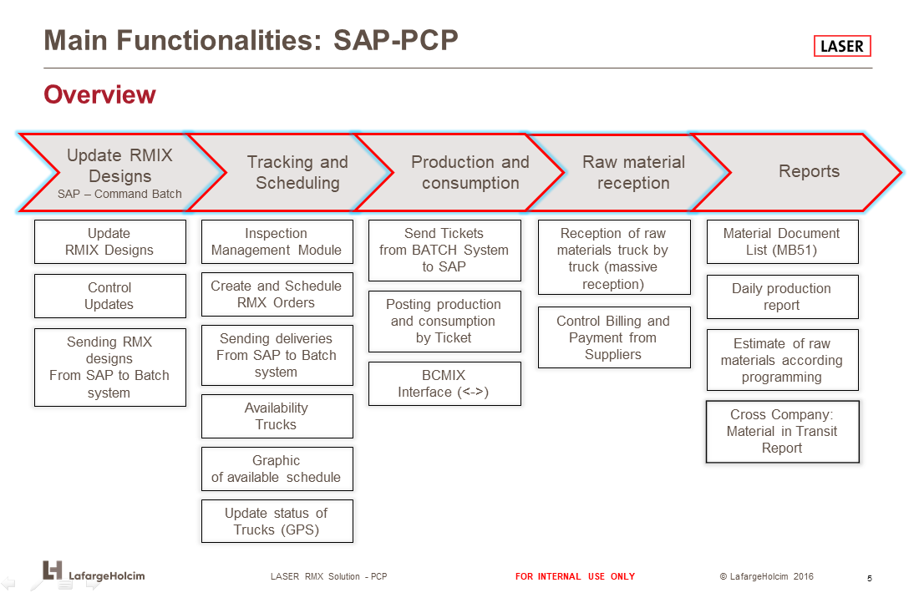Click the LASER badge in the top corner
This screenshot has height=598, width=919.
pos(841,46)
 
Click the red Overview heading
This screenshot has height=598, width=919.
pos(99,94)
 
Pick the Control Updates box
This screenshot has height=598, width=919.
pos(110,296)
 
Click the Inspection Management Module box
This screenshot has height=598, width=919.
pos(277,241)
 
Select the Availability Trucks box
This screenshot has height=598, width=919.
pos(277,416)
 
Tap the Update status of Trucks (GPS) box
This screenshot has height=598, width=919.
pos(277,521)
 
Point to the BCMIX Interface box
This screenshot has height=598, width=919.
pos(444,383)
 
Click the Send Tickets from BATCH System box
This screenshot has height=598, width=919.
pos(444,250)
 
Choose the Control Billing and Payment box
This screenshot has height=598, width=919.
pos(614,337)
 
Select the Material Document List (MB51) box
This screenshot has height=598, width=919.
pos(783,241)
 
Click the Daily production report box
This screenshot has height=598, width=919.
pos(783,297)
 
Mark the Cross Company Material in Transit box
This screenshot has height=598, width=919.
pos(783,432)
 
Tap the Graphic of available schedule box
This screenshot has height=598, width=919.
pos(277,469)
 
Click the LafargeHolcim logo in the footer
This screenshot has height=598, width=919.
pos(94,571)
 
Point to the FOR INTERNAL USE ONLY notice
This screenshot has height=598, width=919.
pos(575,576)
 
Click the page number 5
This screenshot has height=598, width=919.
pos(869,578)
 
